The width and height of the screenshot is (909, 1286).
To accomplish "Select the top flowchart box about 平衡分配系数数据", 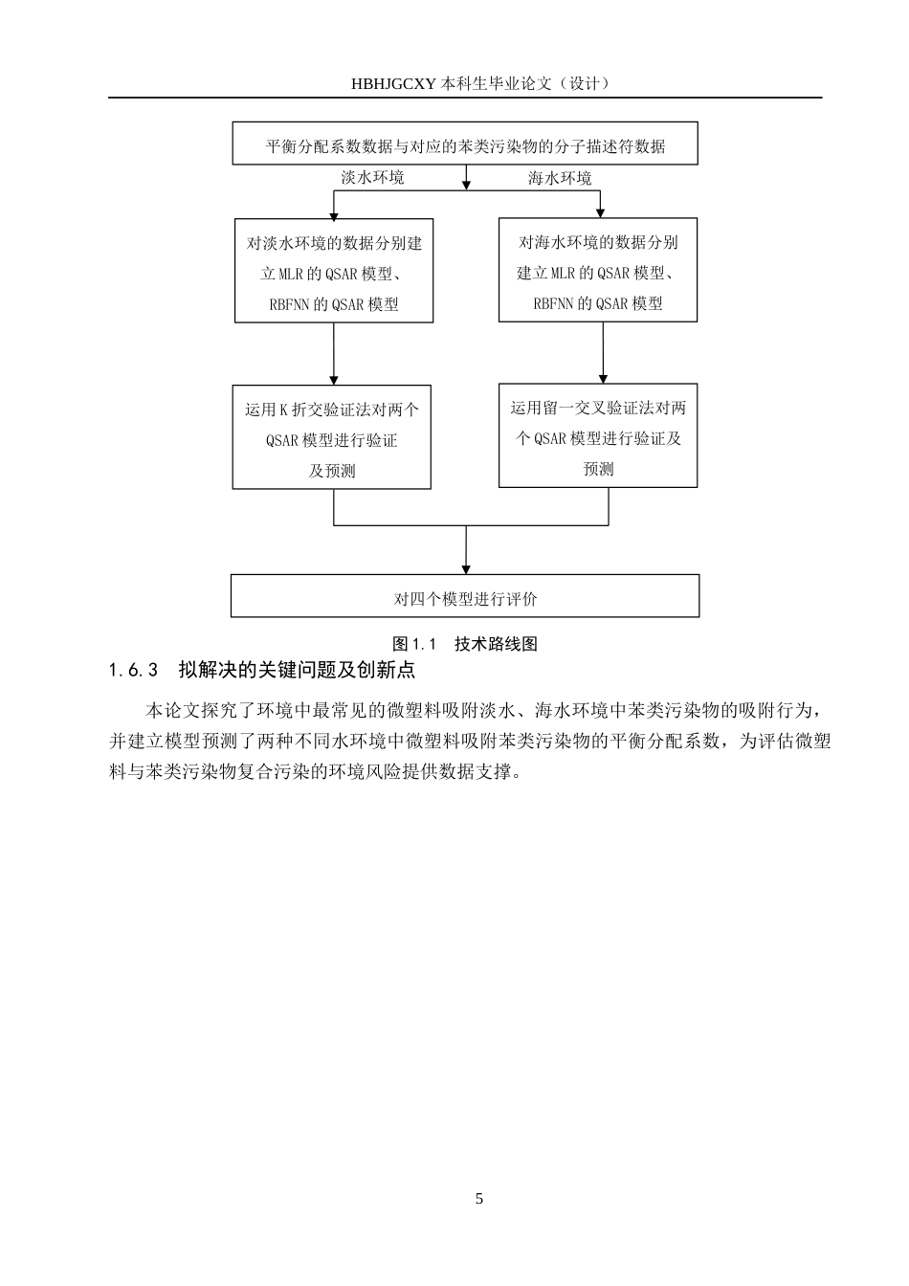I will pyautogui.click(x=465, y=144).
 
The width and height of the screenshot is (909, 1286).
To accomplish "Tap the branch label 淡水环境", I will pyautogui.click(x=372, y=178).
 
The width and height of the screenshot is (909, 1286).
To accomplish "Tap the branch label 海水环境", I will pyautogui.click(x=560, y=178).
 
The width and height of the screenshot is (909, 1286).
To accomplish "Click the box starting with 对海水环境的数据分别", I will pyautogui.click(x=598, y=272).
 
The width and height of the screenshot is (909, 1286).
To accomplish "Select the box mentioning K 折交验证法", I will pyautogui.click(x=332, y=439).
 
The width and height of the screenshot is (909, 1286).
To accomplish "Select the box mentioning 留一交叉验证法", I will pyautogui.click(x=598, y=437).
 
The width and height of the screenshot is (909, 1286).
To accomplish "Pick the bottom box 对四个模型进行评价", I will pyautogui.click(x=465, y=597).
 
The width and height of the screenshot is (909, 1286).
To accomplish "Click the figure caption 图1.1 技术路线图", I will pyautogui.click(x=465, y=644).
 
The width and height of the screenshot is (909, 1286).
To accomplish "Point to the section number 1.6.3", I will pyautogui.click(x=133, y=670).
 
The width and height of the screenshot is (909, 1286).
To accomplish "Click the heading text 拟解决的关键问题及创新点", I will pyautogui.click(x=297, y=670).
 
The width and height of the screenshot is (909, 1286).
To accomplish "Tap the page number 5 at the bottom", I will pyautogui.click(x=479, y=1199).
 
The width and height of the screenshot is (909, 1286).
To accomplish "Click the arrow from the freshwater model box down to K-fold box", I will pyautogui.click(x=333, y=353).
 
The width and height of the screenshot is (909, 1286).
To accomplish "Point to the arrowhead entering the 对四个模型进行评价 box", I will pyautogui.click(x=466, y=568).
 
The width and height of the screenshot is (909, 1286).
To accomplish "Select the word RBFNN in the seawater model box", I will pyautogui.click(x=554, y=303).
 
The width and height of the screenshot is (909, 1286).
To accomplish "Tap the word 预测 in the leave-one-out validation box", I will pyautogui.click(x=598, y=469).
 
